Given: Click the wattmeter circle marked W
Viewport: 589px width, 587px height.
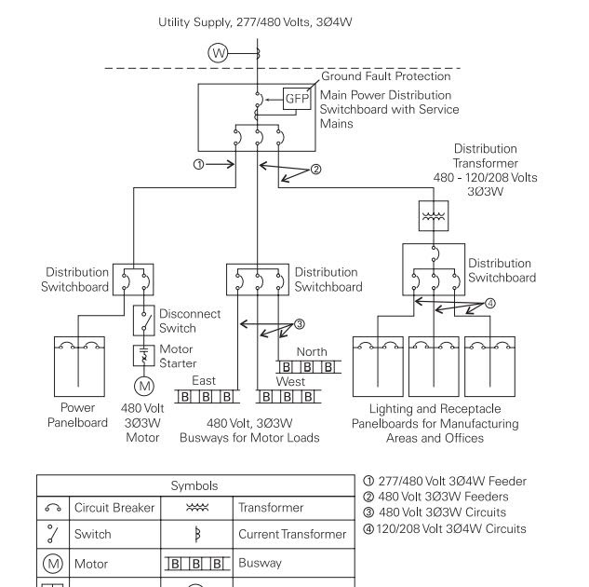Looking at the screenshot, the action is click(x=218, y=53).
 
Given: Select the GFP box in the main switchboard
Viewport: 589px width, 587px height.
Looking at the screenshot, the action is click(x=297, y=99).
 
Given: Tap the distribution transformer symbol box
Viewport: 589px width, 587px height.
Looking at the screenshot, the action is click(x=434, y=216).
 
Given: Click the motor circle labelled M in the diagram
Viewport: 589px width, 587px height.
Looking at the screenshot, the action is click(x=144, y=386).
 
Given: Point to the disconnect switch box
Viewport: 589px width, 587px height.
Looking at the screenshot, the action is click(x=144, y=321).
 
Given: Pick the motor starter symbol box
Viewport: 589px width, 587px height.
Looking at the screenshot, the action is click(x=144, y=355).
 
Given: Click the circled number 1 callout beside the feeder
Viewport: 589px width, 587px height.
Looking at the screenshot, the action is click(x=199, y=164).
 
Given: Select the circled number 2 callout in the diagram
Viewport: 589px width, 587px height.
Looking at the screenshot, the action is click(x=316, y=170).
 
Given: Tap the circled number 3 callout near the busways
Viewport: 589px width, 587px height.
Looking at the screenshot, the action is click(x=299, y=323).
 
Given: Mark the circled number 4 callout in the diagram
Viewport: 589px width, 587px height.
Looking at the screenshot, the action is click(x=490, y=303).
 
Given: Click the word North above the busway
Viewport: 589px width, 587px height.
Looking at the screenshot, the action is click(x=312, y=352).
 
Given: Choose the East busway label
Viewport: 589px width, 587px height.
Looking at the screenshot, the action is click(x=204, y=380).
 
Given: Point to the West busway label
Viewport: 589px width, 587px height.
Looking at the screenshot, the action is click(x=290, y=382).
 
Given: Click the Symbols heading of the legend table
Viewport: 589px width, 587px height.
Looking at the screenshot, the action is click(x=194, y=485).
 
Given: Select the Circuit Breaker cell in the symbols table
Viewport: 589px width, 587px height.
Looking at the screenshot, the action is click(x=114, y=508).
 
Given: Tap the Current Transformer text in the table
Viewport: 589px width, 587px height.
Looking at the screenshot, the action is click(x=292, y=534).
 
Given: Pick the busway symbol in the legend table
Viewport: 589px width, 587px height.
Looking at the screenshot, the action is click(x=197, y=564).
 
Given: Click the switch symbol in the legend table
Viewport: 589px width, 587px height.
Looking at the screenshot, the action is click(x=53, y=534).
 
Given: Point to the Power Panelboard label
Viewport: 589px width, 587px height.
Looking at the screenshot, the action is click(x=78, y=416).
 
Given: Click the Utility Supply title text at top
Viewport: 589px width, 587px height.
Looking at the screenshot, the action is click(x=255, y=22).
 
